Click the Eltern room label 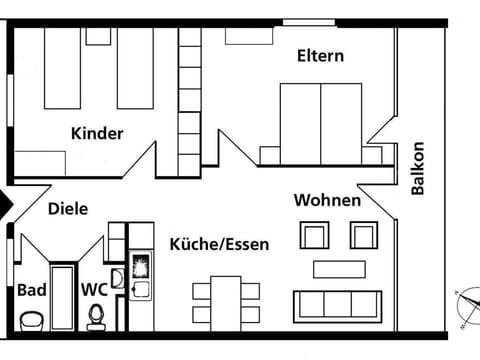[320, 56]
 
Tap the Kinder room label [97, 133]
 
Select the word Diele [68, 209]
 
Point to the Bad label [32, 290]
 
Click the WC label [95, 290]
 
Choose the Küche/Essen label [219, 244]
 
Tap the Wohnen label [327, 200]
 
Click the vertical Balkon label [418, 168]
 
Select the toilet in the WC [96, 318]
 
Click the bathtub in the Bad [62, 298]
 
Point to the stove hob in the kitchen [141, 266]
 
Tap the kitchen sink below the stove [141, 289]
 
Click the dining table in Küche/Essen [226, 304]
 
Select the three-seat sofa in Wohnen [338, 307]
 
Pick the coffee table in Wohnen [339, 269]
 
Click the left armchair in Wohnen [314, 235]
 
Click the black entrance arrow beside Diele [6, 204]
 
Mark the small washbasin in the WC [117, 279]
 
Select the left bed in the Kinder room [62, 68]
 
